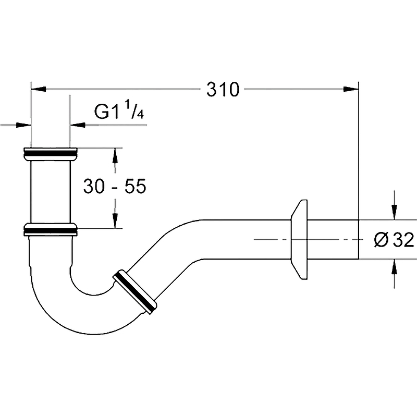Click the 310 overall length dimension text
223,89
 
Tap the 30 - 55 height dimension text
115,186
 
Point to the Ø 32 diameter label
394,240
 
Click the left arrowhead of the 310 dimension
39,89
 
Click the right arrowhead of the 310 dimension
351,89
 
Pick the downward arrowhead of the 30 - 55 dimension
115,220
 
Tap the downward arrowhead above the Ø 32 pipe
394,212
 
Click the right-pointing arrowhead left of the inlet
23,125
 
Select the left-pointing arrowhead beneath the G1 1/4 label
78,125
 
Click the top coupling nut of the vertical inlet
51,154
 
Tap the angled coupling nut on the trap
135,292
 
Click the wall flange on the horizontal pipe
299,239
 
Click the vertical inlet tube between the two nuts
51,192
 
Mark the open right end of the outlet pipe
359,239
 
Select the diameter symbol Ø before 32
381,240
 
